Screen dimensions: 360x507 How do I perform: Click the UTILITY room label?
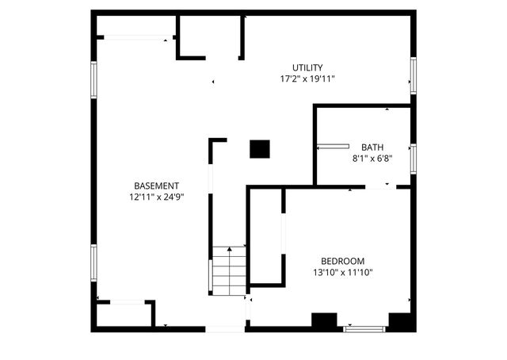pos(307,67)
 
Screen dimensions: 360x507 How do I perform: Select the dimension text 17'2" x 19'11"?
pos(307,79)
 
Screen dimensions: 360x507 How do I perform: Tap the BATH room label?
pos(372,147)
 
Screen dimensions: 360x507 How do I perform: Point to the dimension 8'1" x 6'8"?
pos(372,159)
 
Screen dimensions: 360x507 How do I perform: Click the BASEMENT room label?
pos(151,185)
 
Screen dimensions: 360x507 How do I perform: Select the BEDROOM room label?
pos(342,261)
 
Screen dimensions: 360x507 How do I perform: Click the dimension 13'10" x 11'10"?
pos(342,273)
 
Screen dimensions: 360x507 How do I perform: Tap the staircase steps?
pos(230,270)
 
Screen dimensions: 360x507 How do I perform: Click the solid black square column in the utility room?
pos(260,148)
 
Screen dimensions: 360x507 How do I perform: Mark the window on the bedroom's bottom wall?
pos(364,327)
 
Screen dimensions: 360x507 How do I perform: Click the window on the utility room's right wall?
pos(413,75)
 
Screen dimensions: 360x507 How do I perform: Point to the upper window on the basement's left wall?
pos(94,80)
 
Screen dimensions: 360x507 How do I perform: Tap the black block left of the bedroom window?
pos(323,321)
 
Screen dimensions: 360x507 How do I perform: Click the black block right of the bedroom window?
pos(398,321)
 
